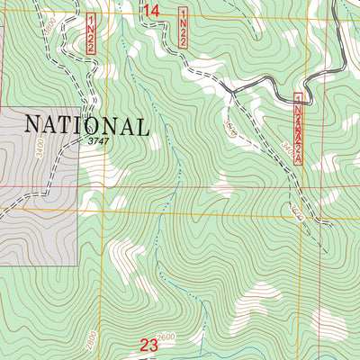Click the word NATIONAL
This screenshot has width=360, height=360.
(x=85, y=124)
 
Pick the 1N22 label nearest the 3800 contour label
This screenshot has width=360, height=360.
(x=91, y=35)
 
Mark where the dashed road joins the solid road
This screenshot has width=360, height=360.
(x=231, y=90)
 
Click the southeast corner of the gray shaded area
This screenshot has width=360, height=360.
(x=79, y=265)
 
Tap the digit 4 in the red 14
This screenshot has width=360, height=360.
(x=158, y=10)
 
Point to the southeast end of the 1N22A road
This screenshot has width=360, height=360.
(x=331, y=225)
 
